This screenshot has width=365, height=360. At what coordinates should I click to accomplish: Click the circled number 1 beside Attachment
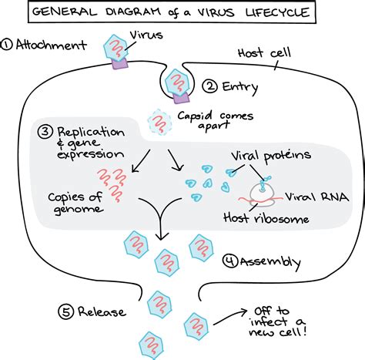point(8,44)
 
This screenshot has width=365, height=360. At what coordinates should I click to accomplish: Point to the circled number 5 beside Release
point(66,312)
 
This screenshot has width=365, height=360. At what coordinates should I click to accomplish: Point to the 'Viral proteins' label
point(272,155)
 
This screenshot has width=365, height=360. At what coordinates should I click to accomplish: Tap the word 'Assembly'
point(267,261)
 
